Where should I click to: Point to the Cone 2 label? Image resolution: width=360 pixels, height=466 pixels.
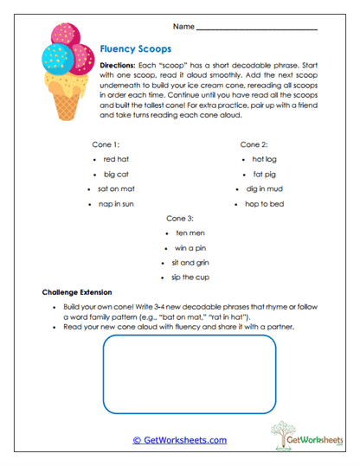pos(254,144)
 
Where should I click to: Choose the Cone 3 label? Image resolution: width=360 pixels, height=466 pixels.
pos(179,218)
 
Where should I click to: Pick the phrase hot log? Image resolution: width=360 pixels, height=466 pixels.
pos(264,159)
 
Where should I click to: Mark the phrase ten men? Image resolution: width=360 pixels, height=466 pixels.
pos(189,233)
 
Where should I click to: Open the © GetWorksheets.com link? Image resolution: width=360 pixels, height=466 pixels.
pos(179,439)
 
